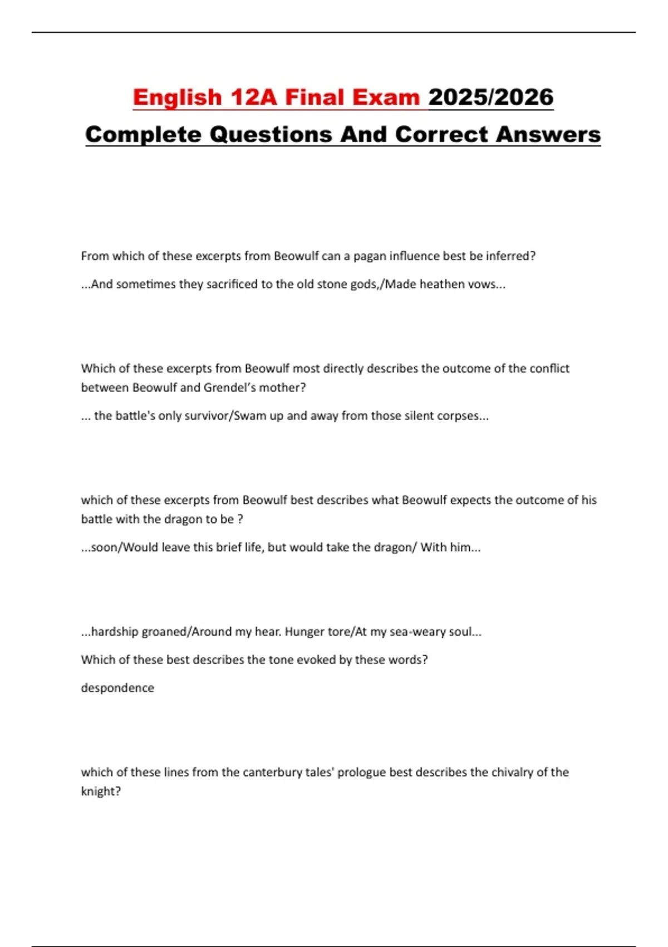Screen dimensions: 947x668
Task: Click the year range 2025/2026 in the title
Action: [490, 97]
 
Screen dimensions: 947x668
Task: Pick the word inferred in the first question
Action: [510, 256]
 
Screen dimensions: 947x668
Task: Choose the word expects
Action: [470, 500]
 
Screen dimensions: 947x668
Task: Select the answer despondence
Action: [117, 688]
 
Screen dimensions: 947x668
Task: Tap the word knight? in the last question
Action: [101, 792]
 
